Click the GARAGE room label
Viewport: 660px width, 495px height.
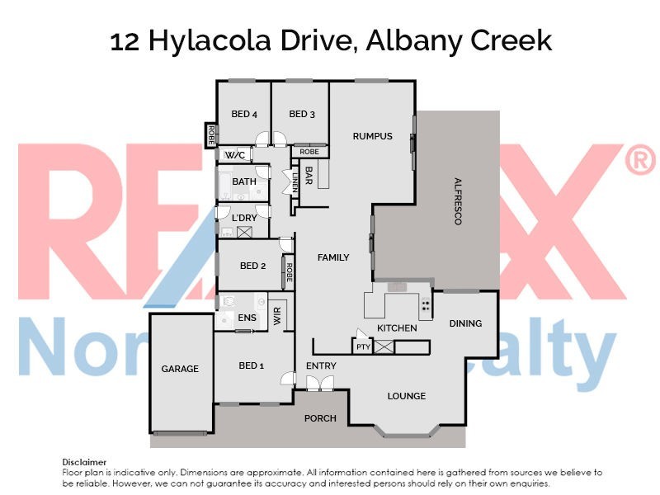point(180,369)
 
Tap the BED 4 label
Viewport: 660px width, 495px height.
point(245,114)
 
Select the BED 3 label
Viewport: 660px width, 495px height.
point(303,114)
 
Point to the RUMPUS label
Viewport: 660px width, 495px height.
point(372,136)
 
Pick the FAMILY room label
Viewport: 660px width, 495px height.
point(333,257)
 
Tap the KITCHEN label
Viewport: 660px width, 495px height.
point(397,328)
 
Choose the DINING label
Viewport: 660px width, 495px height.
point(465,323)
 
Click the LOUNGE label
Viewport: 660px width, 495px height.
point(407,396)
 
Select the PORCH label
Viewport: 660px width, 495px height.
point(320,418)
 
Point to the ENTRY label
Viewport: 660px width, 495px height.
point(321,365)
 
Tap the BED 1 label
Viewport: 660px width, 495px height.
point(251,365)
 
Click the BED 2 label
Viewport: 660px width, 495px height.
point(252,266)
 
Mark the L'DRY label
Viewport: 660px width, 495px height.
point(244,218)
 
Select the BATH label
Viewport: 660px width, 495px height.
point(244,181)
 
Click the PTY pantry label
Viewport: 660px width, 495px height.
point(363,347)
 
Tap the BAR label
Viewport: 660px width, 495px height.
point(309,176)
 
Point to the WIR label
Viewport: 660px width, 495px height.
point(278,317)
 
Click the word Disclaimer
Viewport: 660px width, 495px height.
point(85,462)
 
